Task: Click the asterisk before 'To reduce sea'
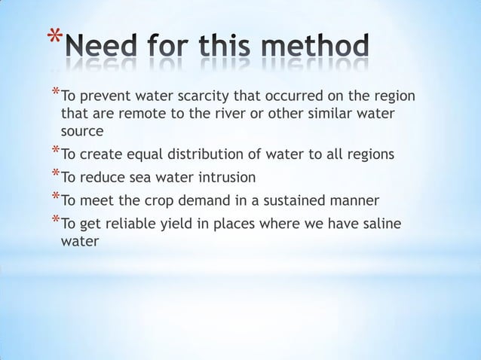54,175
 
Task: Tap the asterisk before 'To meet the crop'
54,198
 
